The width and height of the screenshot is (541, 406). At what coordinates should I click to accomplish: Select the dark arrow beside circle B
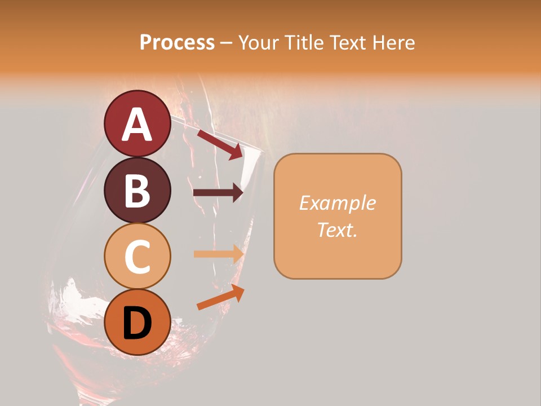(x=218, y=193)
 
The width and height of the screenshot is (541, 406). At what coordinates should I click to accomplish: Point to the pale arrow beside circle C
(x=218, y=254)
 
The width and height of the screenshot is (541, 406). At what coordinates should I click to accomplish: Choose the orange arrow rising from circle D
(x=220, y=297)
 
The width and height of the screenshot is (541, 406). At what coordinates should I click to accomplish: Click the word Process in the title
(x=177, y=42)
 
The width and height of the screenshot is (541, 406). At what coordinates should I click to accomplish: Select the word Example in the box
(x=338, y=203)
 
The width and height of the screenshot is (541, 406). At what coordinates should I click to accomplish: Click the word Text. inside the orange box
(x=338, y=230)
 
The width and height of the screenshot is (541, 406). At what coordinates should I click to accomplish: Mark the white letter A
(x=137, y=124)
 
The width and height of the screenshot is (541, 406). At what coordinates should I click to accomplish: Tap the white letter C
(x=137, y=257)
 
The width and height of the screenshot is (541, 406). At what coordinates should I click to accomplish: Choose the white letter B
(x=137, y=191)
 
